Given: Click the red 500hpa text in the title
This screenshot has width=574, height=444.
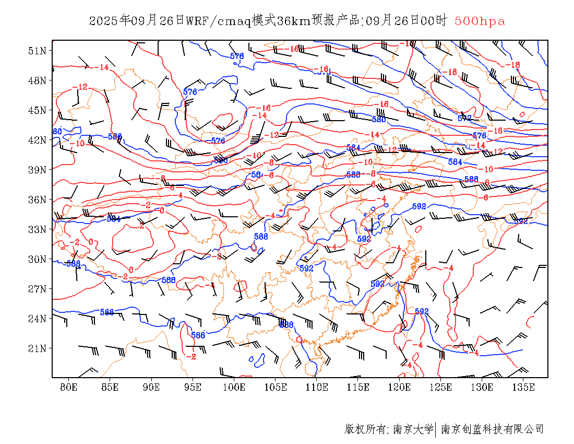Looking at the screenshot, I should coord(480,21).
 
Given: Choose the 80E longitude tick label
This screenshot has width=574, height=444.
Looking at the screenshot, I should coord(69,387).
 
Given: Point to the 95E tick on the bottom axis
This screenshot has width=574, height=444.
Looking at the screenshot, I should coord(193,387).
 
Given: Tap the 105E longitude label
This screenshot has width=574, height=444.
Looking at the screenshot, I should coord(276,387).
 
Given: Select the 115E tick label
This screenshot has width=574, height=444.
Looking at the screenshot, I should coord(358,387).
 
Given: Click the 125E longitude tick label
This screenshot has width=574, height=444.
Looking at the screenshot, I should coord(441,387).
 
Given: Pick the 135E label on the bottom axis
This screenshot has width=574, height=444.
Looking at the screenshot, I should coord(523,387).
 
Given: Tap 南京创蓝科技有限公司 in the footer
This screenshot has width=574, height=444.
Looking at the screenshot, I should coord(492,429).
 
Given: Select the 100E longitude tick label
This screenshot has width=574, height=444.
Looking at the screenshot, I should coord(234,387).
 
